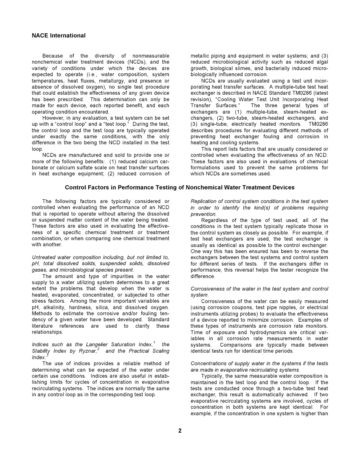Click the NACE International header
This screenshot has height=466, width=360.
click(x=58, y=36)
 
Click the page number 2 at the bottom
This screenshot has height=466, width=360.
click(x=180, y=431)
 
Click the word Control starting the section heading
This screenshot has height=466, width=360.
click(x=75, y=188)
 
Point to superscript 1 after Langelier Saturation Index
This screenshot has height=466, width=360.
click(x=154, y=343)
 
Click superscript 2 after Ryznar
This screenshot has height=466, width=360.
click(x=98, y=349)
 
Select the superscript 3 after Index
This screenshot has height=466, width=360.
click(x=47, y=355)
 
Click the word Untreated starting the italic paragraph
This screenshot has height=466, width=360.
click(x=44, y=258)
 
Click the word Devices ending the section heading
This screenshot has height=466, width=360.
click(x=283, y=188)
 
